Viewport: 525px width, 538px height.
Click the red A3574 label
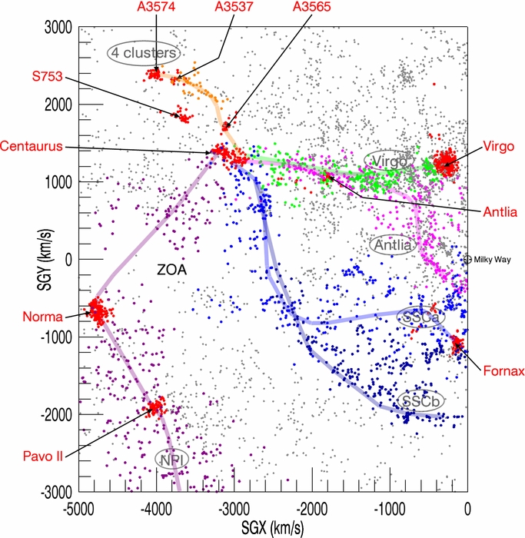[156, 6]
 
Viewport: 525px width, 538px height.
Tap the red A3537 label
[234, 6]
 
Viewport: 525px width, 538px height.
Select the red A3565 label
[312, 6]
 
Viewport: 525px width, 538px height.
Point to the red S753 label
[48, 76]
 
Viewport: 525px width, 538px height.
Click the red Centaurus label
[32, 146]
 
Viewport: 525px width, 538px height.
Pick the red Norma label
[43, 317]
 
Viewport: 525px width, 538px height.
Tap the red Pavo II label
[43, 457]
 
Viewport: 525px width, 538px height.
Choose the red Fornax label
[503, 371]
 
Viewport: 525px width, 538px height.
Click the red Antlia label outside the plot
[500, 212]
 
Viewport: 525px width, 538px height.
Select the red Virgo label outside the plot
[499, 147]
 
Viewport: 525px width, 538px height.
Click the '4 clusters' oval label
[144, 53]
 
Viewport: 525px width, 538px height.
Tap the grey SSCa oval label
[420, 317]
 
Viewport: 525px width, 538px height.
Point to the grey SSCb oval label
[420, 400]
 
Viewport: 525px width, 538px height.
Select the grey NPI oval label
[171, 460]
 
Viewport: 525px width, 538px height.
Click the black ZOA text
[172, 270]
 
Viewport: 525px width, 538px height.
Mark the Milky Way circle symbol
[467, 260]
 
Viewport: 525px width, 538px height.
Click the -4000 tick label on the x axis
[156, 509]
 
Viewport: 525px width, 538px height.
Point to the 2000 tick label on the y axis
[58, 105]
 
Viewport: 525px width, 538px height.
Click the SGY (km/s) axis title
[45, 260]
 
